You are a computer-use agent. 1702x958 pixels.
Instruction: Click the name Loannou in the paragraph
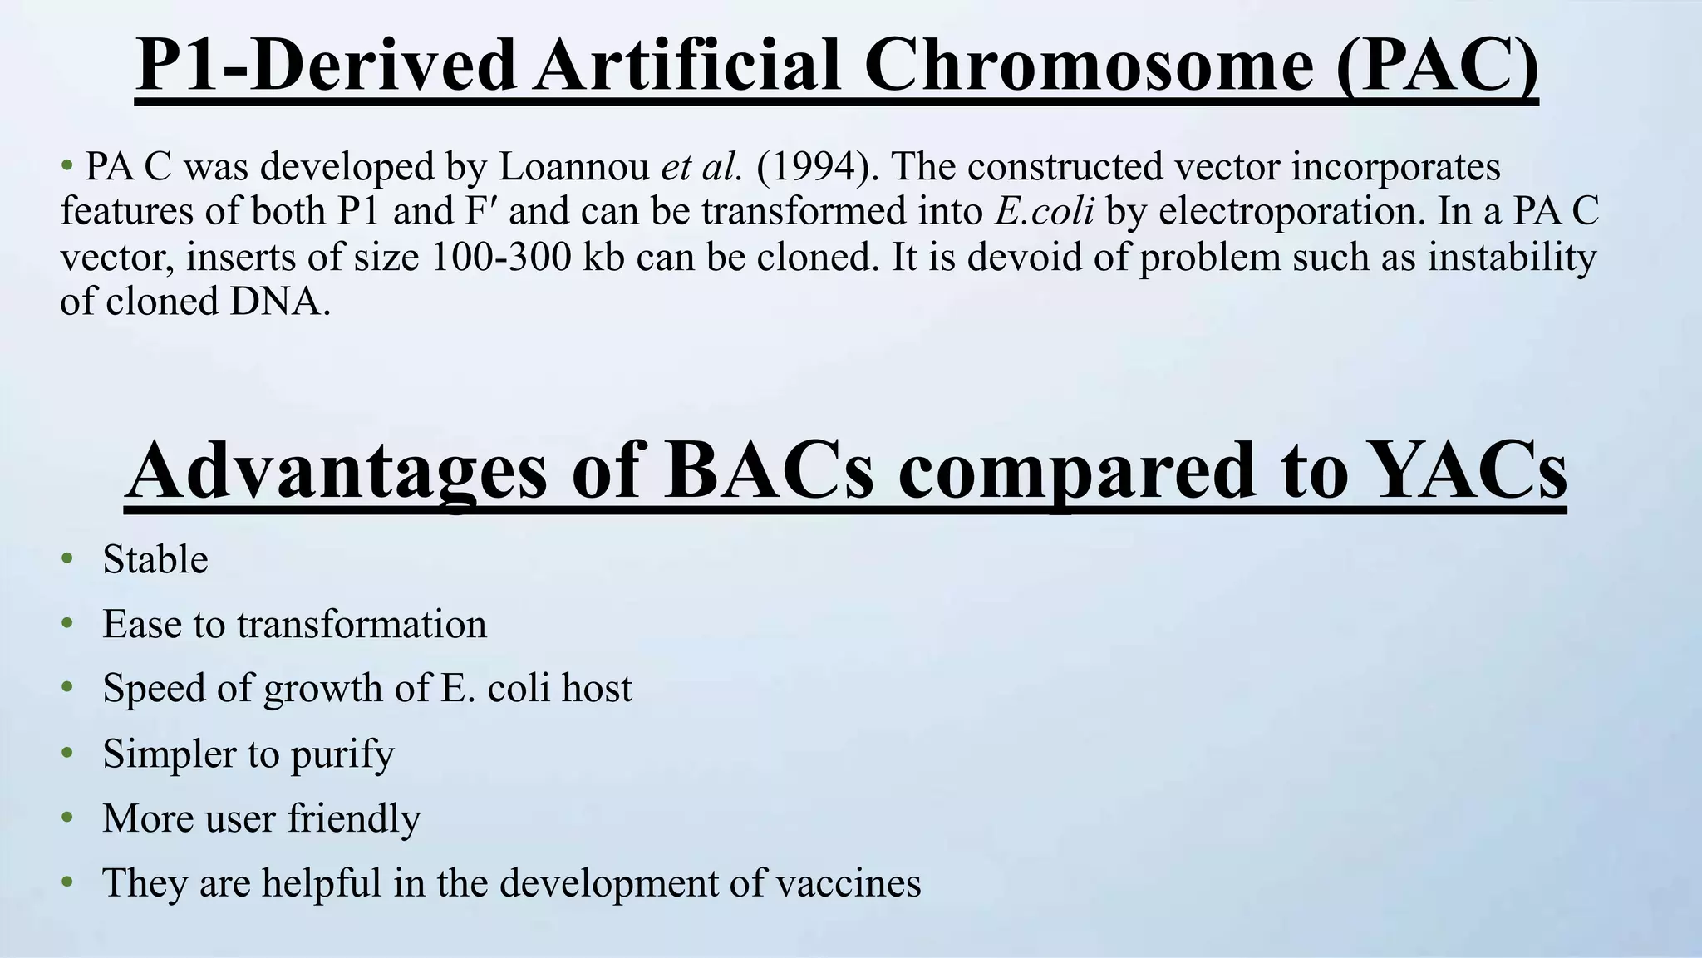coord(573,166)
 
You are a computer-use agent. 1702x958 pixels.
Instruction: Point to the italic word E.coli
coord(1044,211)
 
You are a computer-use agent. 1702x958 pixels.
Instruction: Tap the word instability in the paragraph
coord(1512,257)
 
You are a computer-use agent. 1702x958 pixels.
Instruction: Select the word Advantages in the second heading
coord(337,470)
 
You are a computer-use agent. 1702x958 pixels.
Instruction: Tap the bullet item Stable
coord(155,559)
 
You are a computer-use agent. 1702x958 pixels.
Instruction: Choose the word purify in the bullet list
coord(342,754)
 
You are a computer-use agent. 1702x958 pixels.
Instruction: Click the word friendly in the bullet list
coord(354,818)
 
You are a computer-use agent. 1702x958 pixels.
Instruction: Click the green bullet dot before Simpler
coord(67,753)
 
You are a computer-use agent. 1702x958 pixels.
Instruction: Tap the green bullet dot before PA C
coord(67,165)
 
